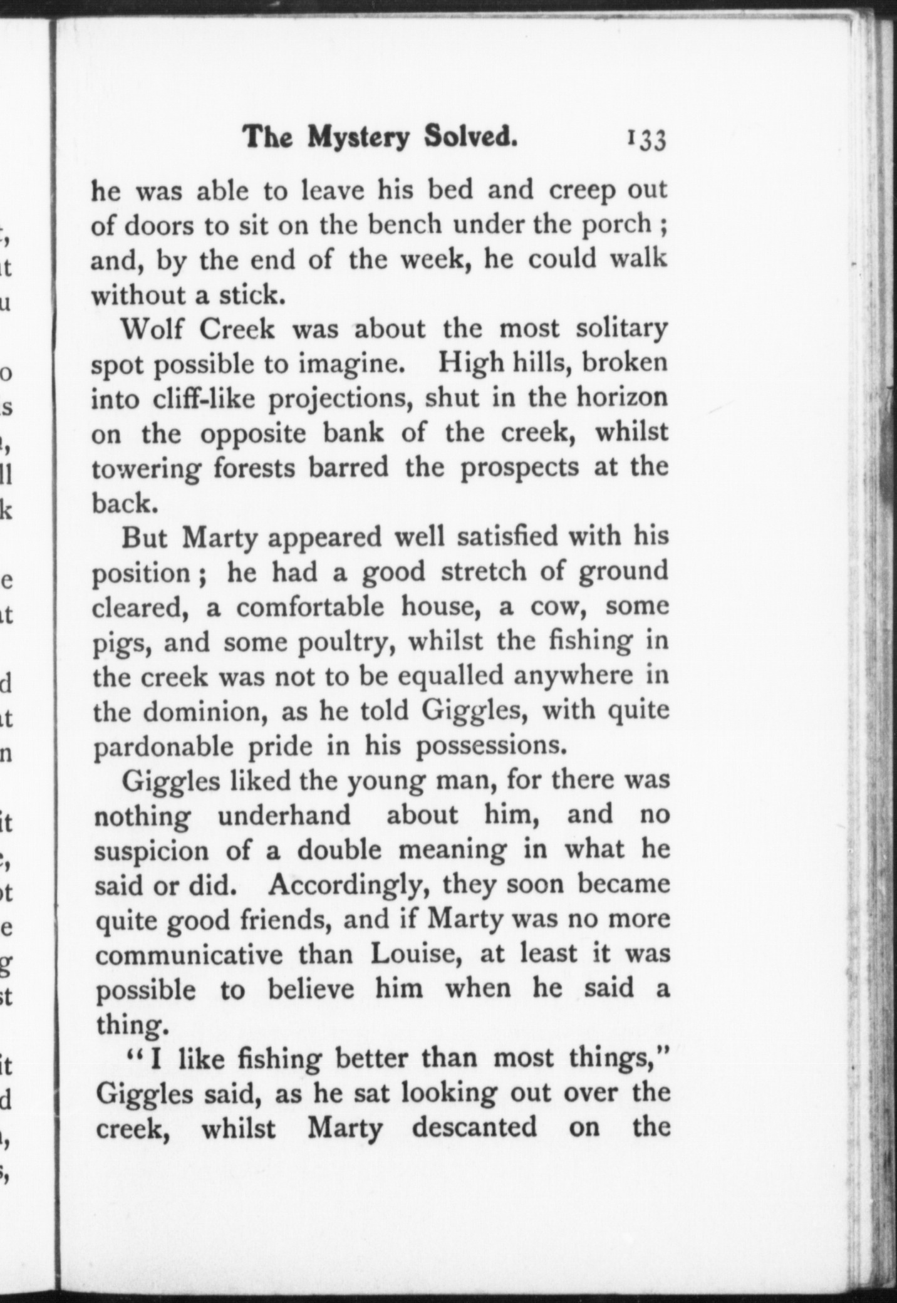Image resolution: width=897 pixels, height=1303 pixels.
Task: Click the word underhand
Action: pos(284,815)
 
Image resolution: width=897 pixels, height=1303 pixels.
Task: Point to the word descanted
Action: pos(474,1128)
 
